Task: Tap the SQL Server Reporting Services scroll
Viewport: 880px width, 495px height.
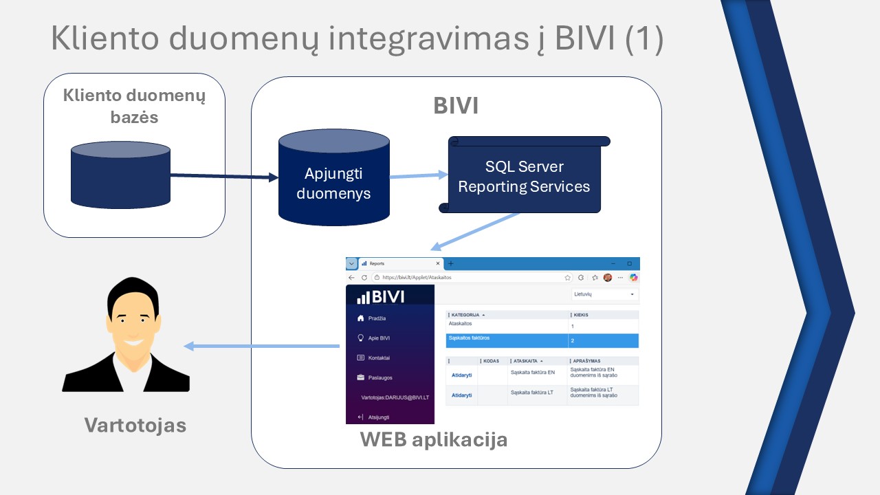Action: tap(524, 177)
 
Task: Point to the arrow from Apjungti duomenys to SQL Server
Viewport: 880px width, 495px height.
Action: tap(418, 176)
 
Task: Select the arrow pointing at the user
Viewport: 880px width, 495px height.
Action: tap(261, 346)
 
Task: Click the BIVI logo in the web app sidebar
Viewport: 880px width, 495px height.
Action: tap(381, 297)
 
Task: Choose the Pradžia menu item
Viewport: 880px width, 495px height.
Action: tap(377, 318)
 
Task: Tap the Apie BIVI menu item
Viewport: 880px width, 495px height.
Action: tap(379, 338)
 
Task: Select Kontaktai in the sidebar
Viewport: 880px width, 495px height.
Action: tap(379, 358)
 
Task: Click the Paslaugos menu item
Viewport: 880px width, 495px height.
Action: tap(379, 377)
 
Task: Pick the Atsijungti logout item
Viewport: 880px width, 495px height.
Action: tap(378, 417)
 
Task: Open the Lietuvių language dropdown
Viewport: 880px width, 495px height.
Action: tap(604, 294)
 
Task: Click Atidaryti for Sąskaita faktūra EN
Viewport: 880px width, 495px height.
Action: tap(461, 375)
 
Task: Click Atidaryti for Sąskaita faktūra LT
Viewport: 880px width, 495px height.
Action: tap(461, 395)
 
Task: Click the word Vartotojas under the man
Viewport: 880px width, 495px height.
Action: tap(135, 425)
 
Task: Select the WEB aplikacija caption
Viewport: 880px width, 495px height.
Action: tap(434, 439)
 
